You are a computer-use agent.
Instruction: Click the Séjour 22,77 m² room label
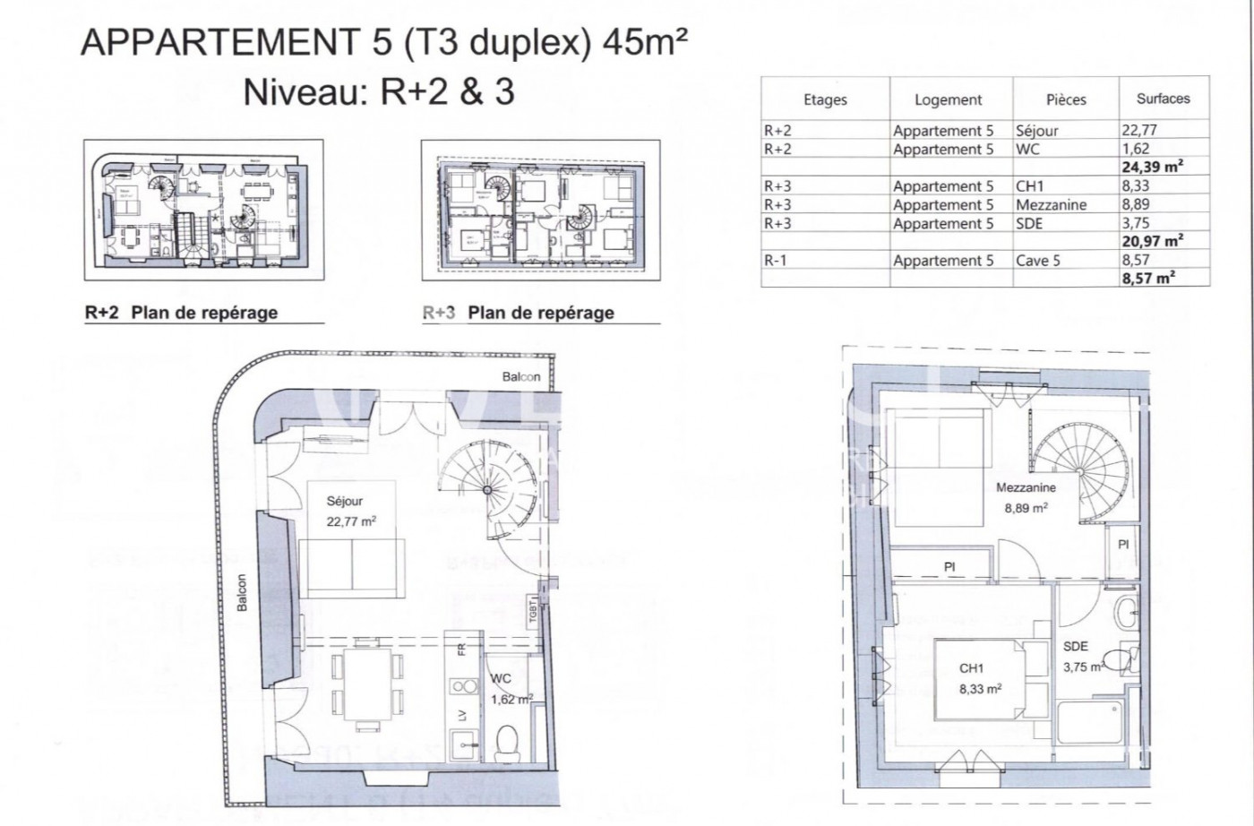tap(350, 511)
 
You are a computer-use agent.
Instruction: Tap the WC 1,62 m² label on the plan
tap(511, 689)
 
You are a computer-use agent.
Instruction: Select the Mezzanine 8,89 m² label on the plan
tap(1026, 497)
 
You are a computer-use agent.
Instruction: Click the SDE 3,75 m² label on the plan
tap(1081, 656)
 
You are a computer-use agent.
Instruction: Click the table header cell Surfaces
tap(1163, 99)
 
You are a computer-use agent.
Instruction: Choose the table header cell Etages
tap(824, 99)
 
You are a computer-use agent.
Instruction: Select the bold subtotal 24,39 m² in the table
tap(1152, 167)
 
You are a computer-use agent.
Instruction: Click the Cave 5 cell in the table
tap(1037, 261)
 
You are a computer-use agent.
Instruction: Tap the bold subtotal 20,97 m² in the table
tap(1152, 241)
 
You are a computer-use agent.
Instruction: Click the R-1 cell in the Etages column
tap(775, 261)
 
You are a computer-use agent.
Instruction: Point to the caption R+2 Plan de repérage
tap(181, 313)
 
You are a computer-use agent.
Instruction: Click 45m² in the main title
tap(646, 42)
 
